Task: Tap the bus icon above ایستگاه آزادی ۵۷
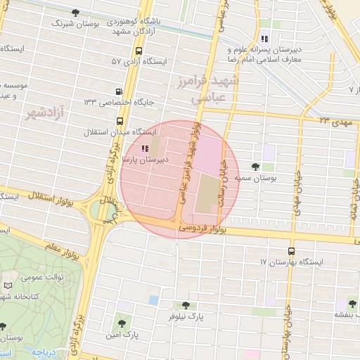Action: [x=139, y=51]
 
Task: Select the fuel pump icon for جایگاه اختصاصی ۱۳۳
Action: [x=119, y=91]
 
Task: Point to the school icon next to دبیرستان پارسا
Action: [x=145, y=148]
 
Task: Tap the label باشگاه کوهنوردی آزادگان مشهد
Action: [x=134, y=26]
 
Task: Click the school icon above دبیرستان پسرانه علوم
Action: [x=264, y=39]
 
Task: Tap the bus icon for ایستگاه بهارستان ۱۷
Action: [x=291, y=251]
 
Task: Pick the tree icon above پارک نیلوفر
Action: [x=186, y=305]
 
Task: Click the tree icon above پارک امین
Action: [x=124, y=323]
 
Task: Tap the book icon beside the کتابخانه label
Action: [x=8, y=285]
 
